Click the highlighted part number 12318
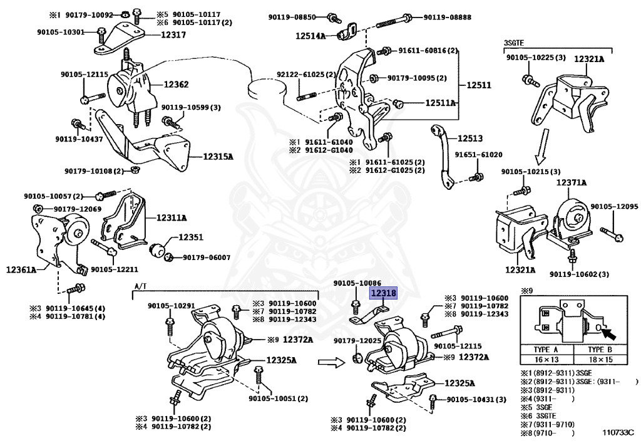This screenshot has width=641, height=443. pyautogui.click(x=384, y=292)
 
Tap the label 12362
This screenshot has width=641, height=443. pyautogui.click(x=177, y=84)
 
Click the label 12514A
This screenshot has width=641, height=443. pyautogui.click(x=311, y=36)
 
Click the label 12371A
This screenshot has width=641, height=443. pyautogui.click(x=572, y=183)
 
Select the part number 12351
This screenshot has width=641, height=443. pyautogui.click(x=191, y=237)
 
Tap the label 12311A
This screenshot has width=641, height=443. pyautogui.click(x=172, y=217)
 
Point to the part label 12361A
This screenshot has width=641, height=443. pyautogui.click(x=21, y=269)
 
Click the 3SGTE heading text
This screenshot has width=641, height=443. pyautogui.click(x=513, y=43)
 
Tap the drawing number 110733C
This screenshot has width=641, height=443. pyautogui.click(x=618, y=432)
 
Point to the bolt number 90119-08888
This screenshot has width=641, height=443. pyautogui.click(x=447, y=17)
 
